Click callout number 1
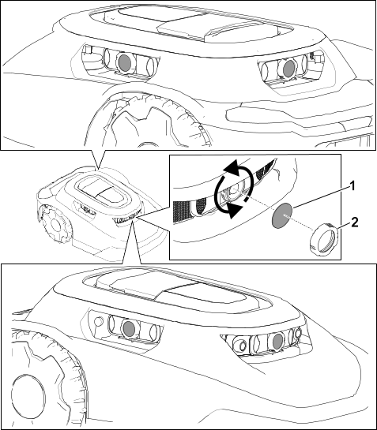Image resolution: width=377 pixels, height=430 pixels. click(x=352, y=186)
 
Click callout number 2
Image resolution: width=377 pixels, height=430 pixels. click(x=355, y=222)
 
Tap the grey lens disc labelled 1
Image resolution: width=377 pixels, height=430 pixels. click(x=282, y=215)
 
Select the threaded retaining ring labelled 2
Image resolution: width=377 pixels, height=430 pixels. click(x=324, y=240)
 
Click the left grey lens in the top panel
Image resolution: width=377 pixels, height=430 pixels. click(x=125, y=63)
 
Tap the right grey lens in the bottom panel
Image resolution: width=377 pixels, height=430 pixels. click(x=277, y=341)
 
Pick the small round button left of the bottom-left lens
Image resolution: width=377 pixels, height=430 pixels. click(x=98, y=320)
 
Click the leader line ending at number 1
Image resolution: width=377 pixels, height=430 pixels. click(x=321, y=196)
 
